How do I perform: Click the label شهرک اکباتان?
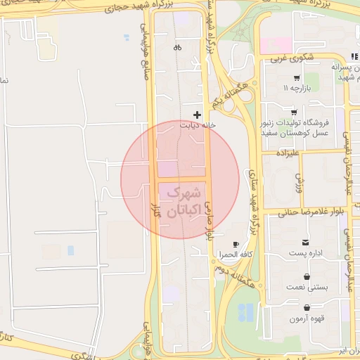tap(181, 199)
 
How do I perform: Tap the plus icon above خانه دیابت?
tap(197, 114)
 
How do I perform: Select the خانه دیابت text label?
tap(195, 125)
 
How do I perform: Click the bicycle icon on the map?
tap(177, 48)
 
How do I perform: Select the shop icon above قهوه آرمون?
tap(307, 308)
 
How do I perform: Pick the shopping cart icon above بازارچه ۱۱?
tap(297, 78)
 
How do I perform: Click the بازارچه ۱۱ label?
tap(297, 89)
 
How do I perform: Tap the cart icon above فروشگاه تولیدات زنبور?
tap(293, 112)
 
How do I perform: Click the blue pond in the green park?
tap(245, 312)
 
